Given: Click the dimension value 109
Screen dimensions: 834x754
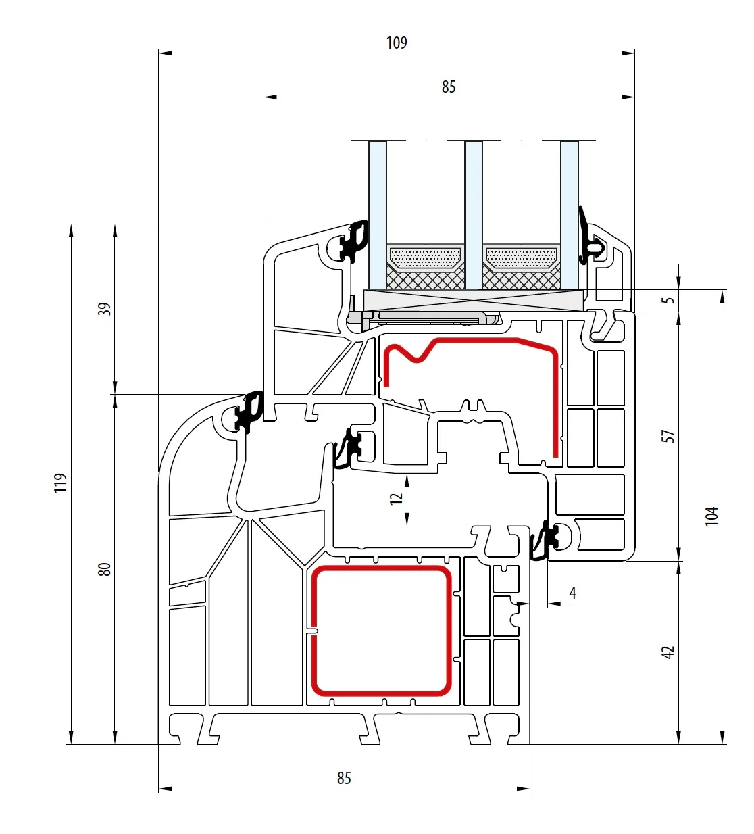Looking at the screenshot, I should pos(397,43).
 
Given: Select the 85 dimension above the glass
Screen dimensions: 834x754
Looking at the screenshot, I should pos(449,87).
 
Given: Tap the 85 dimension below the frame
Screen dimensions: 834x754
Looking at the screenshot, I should pos(344,778).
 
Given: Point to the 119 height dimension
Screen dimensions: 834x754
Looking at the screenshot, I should pos(61,483).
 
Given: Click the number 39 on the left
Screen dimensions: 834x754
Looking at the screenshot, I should pos(104,309).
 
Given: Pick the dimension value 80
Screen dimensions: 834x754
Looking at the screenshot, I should pos(104,569).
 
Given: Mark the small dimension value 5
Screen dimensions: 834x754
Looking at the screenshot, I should pos(668,300).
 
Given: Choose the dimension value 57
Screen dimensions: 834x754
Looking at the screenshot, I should pos(668,436).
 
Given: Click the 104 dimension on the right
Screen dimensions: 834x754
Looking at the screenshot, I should pos(711,516).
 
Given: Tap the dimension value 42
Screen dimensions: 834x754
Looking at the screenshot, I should pos(668,652).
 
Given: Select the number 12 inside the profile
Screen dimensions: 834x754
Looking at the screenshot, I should pos(397,498).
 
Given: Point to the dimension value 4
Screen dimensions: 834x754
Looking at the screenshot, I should pos(573,593).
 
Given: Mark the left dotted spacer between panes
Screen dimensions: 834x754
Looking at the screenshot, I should pos(426,257).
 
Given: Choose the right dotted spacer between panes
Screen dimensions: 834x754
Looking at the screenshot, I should pos(522,257).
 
